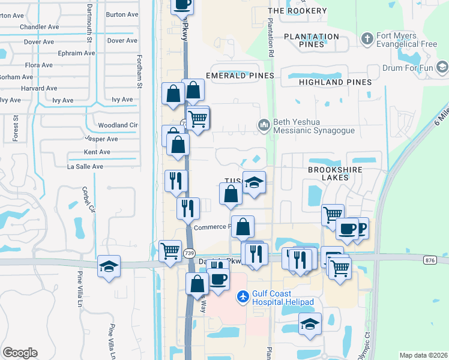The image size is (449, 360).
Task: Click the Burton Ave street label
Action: coord(121,14)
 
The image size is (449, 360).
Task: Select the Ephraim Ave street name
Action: coord(77,53)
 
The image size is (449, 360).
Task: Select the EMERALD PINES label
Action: coord(240,76)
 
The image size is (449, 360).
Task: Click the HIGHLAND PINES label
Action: coord(335,82)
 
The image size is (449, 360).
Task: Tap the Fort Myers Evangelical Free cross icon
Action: coord(367,39)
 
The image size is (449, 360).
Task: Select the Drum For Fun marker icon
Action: coord(443,66)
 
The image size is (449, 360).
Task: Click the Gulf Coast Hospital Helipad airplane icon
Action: coord(243,296)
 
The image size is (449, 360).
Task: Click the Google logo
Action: coord(20,353)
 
